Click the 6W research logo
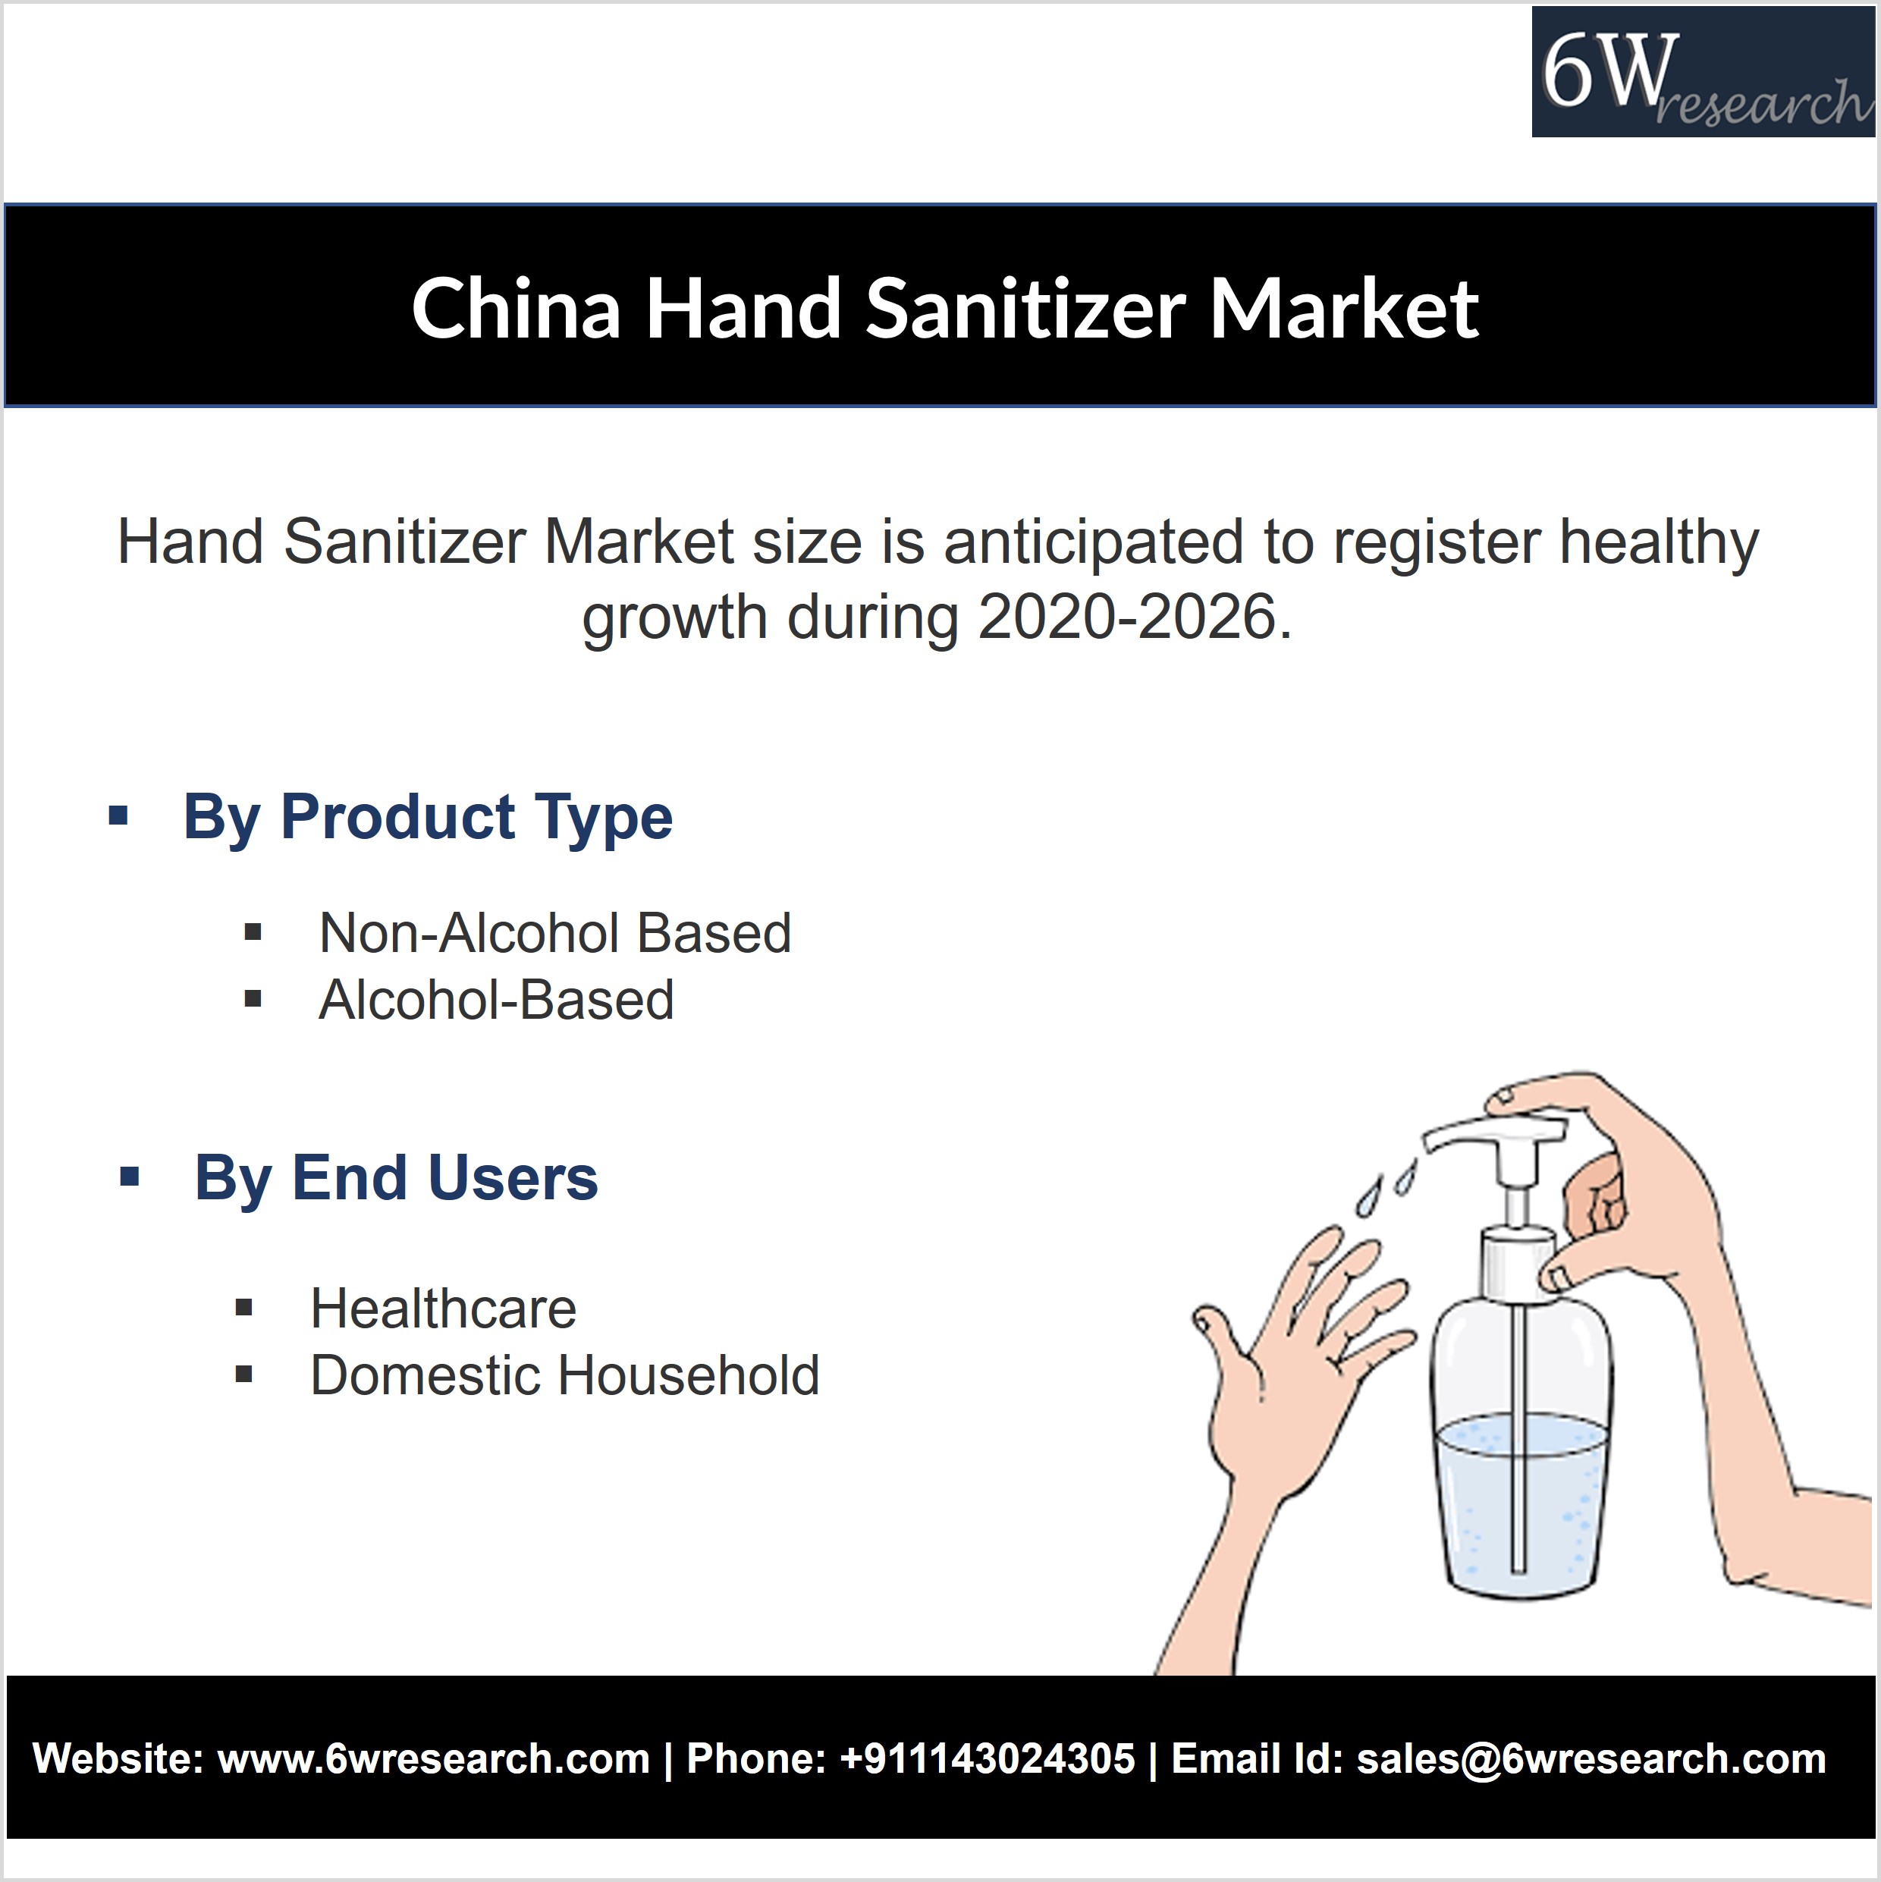click(1703, 71)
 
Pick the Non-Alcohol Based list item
click(555, 933)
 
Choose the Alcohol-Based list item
click(497, 1000)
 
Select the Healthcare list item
click(443, 1309)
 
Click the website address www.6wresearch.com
click(434, 1759)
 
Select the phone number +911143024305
click(987, 1759)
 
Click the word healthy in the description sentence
click(1659, 542)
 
